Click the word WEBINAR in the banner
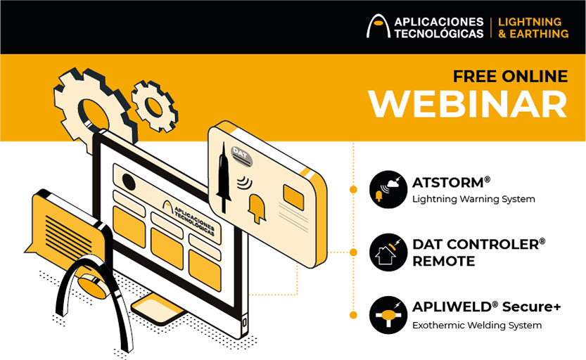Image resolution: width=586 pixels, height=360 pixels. [x=468, y=104]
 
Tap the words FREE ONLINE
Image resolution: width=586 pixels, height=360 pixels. [x=510, y=77]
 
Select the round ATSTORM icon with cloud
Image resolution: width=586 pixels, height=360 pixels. [x=388, y=189]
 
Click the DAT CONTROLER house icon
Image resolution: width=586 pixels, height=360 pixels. [x=388, y=252]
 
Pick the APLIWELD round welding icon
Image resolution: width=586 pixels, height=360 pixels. [x=388, y=315]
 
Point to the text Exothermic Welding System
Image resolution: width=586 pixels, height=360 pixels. [x=477, y=326]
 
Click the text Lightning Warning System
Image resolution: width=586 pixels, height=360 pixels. [x=473, y=199]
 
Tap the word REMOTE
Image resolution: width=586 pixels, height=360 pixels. [x=444, y=261]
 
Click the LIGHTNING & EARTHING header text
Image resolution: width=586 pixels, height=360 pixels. [x=533, y=27]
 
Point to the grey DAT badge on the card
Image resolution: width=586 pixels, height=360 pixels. [x=241, y=155]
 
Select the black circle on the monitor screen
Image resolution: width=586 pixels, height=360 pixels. [x=129, y=183]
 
